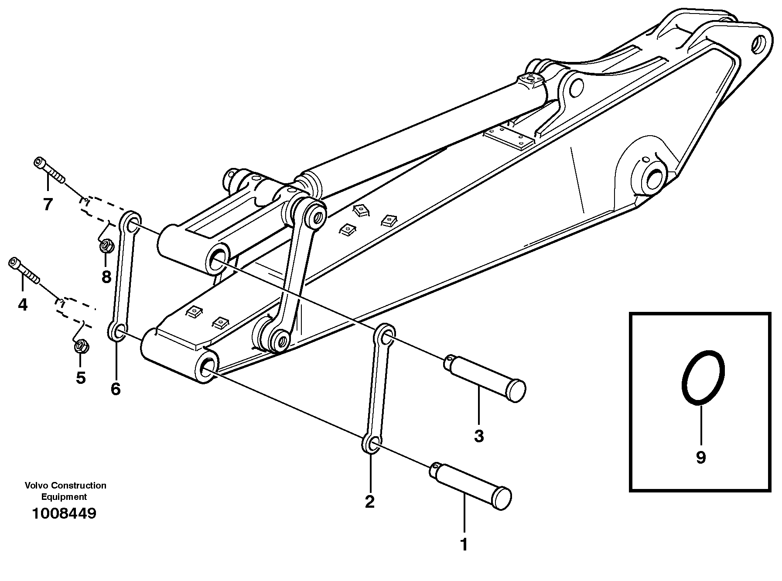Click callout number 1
464,545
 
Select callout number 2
369,502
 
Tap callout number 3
479,436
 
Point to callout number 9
700,458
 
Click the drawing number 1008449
64,513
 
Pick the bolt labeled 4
24,270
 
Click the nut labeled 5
81,347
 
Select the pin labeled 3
484,378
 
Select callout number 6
116,389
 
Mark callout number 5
81,378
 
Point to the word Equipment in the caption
64,497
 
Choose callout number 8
106,277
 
